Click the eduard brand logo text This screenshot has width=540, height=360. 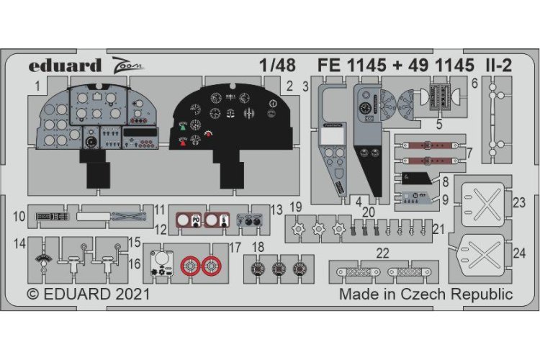coord(65,66)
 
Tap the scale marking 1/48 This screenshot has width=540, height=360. coord(277,66)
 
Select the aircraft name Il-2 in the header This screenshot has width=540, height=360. coord(496,66)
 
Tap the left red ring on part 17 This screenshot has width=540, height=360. coord(189,267)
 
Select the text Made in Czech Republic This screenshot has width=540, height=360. coord(426,294)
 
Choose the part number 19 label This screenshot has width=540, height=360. coord(295,207)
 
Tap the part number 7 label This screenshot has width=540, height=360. coord(469,153)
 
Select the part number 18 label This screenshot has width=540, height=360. coord(258,248)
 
